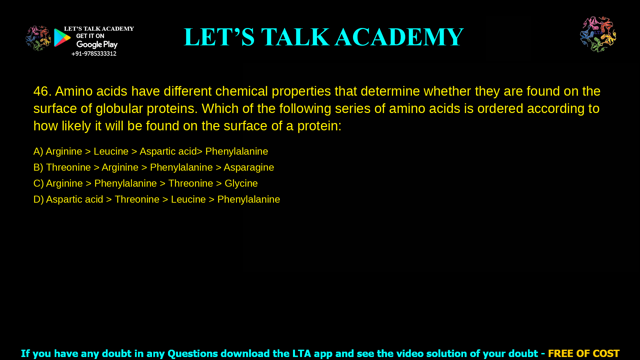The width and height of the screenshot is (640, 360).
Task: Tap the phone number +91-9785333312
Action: (x=94, y=54)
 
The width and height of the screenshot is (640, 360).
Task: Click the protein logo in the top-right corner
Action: (x=598, y=34)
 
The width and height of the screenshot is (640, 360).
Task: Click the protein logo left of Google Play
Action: (x=38, y=38)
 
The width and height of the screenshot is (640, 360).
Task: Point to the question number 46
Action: (x=42, y=91)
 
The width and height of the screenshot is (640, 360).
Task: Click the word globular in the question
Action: (x=119, y=109)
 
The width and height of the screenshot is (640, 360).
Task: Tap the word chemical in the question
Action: (x=241, y=91)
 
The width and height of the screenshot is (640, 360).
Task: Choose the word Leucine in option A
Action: (x=111, y=151)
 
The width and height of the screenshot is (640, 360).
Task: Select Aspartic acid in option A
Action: (x=168, y=151)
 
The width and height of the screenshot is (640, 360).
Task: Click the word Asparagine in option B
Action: (x=249, y=167)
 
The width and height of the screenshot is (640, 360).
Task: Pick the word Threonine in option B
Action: (x=68, y=167)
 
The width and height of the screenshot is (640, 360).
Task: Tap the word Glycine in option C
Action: (x=241, y=183)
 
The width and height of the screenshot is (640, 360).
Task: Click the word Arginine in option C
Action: (x=64, y=183)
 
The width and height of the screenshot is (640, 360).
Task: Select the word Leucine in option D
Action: (x=188, y=199)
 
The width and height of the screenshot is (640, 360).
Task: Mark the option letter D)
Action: (x=38, y=199)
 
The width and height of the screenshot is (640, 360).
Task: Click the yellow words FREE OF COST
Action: (x=584, y=353)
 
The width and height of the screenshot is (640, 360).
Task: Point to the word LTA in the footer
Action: (x=302, y=353)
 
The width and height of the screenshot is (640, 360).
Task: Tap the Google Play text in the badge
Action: (x=97, y=45)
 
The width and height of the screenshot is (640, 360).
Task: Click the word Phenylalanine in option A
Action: (x=237, y=151)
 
